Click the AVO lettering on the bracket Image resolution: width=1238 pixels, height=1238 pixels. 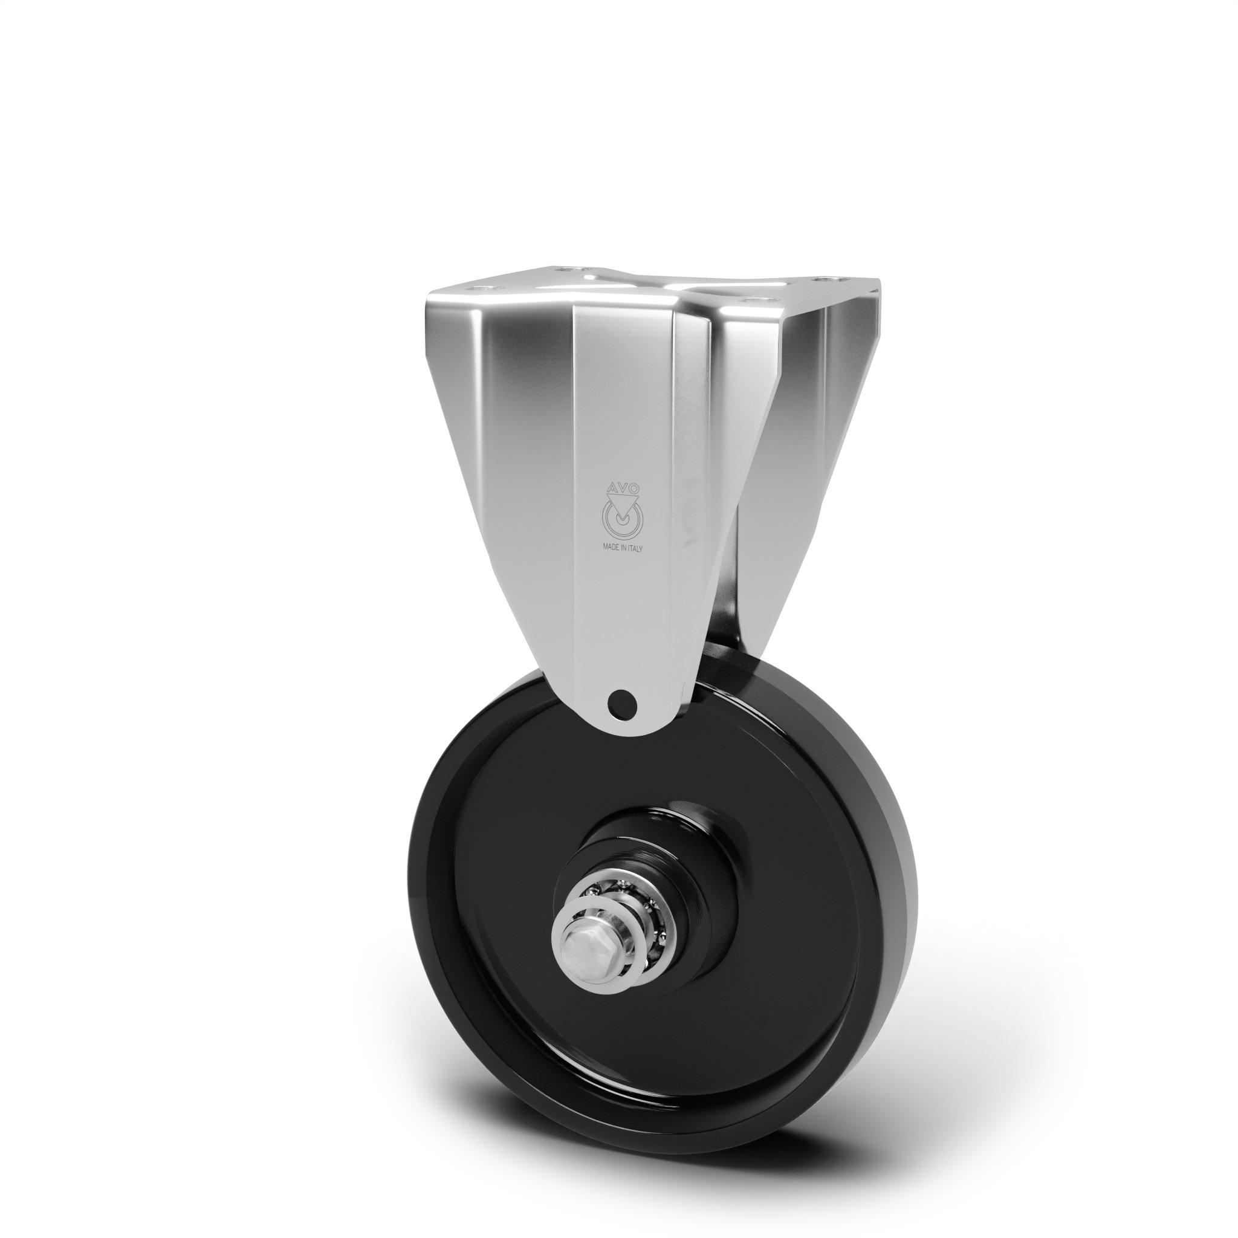pos(621,488)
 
